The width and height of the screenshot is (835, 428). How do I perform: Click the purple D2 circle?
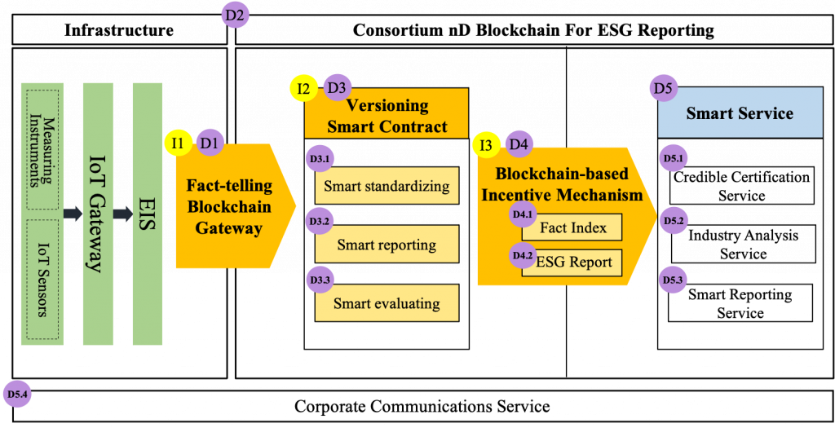(236, 15)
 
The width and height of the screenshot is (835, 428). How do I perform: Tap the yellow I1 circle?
(178, 143)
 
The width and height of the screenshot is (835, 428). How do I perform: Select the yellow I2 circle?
(303, 88)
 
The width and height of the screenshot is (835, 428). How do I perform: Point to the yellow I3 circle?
(486, 145)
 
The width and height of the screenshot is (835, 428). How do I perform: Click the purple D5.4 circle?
(17, 395)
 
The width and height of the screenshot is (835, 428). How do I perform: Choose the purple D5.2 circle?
(674, 220)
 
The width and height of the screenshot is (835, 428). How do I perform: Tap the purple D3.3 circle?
(320, 280)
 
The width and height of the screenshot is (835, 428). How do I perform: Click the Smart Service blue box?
(740, 113)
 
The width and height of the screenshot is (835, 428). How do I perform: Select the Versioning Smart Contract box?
(387, 115)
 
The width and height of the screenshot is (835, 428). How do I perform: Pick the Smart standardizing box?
(387, 186)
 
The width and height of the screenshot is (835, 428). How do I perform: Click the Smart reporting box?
(387, 245)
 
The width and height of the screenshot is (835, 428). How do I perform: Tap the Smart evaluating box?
(387, 303)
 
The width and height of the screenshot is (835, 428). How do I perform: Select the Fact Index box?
(573, 227)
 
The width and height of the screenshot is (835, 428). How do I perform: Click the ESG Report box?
(573, 263)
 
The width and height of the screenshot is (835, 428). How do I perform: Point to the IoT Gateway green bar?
(97, 214)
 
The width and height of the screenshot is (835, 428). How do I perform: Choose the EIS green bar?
(148, 214)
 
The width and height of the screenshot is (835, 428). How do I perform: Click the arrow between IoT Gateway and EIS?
(123, 214)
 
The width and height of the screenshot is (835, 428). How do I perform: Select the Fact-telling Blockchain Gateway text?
(228, 206)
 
